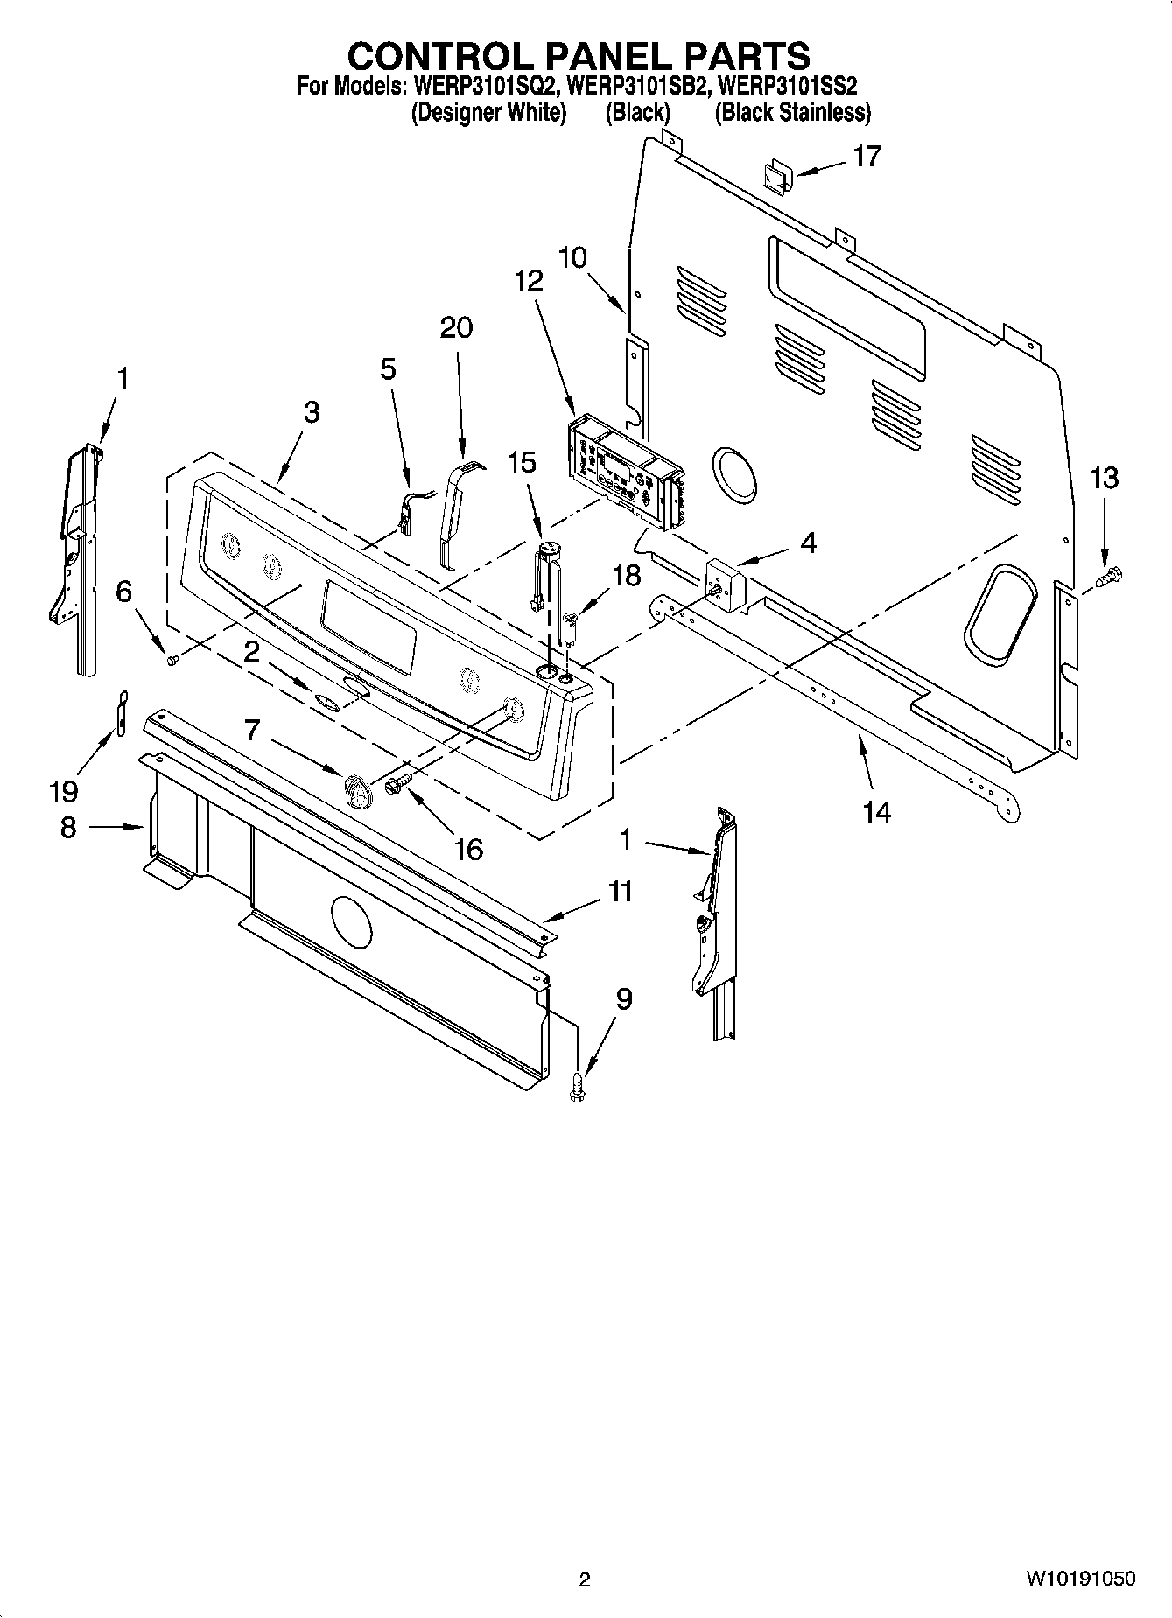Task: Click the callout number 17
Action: point(867,157)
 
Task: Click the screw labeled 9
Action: point(578,1085)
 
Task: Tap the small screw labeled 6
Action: point(172,658)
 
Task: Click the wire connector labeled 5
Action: point(407,515)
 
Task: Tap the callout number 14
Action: point(876,812)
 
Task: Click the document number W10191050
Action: point(1081,1578)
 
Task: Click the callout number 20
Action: point(456,327)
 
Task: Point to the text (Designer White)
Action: point(489,112)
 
